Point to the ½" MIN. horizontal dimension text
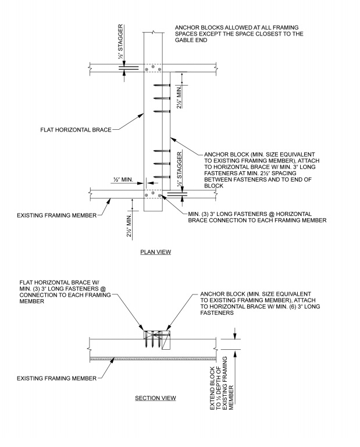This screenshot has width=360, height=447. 122,181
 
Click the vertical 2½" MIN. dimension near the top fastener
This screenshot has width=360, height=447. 183,97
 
